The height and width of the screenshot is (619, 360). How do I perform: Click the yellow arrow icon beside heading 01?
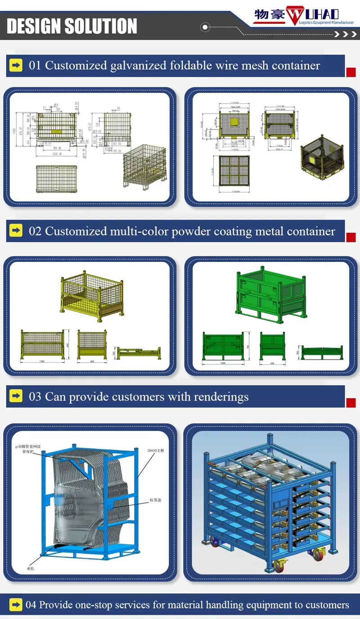point(16,66)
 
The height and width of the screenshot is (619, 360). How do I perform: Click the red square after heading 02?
point(351,237)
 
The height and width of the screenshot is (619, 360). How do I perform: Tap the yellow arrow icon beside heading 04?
point(16,605)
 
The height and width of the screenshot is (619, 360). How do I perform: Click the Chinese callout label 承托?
point(30,569)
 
